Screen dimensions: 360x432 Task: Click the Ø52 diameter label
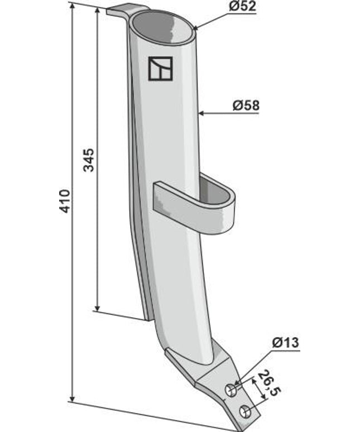[x=242, y=6]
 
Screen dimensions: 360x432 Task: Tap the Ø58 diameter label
[x=246, y=106]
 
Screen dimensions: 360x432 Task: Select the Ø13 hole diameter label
[x=285, y=343]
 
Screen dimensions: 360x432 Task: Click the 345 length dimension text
[x=89, y=160]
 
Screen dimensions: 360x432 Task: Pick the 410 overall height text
[x=65, y=201]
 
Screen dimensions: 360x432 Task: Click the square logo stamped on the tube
[x=160, y=69]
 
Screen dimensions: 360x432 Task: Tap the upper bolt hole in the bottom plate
[x=231, y=391]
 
